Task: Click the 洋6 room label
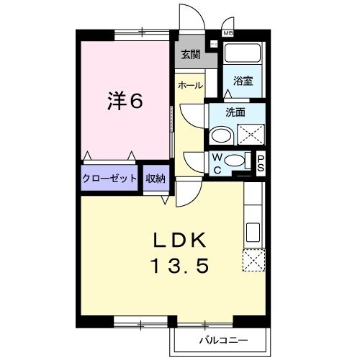pos(125,102)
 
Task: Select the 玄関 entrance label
pos(190,54)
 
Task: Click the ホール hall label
pos(189,85)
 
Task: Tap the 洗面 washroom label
pos(235,113)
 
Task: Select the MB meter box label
pos(228,33)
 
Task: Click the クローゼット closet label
pos(109,178)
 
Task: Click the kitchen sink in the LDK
pos(253,232)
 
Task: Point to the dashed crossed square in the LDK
pos(253,260)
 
